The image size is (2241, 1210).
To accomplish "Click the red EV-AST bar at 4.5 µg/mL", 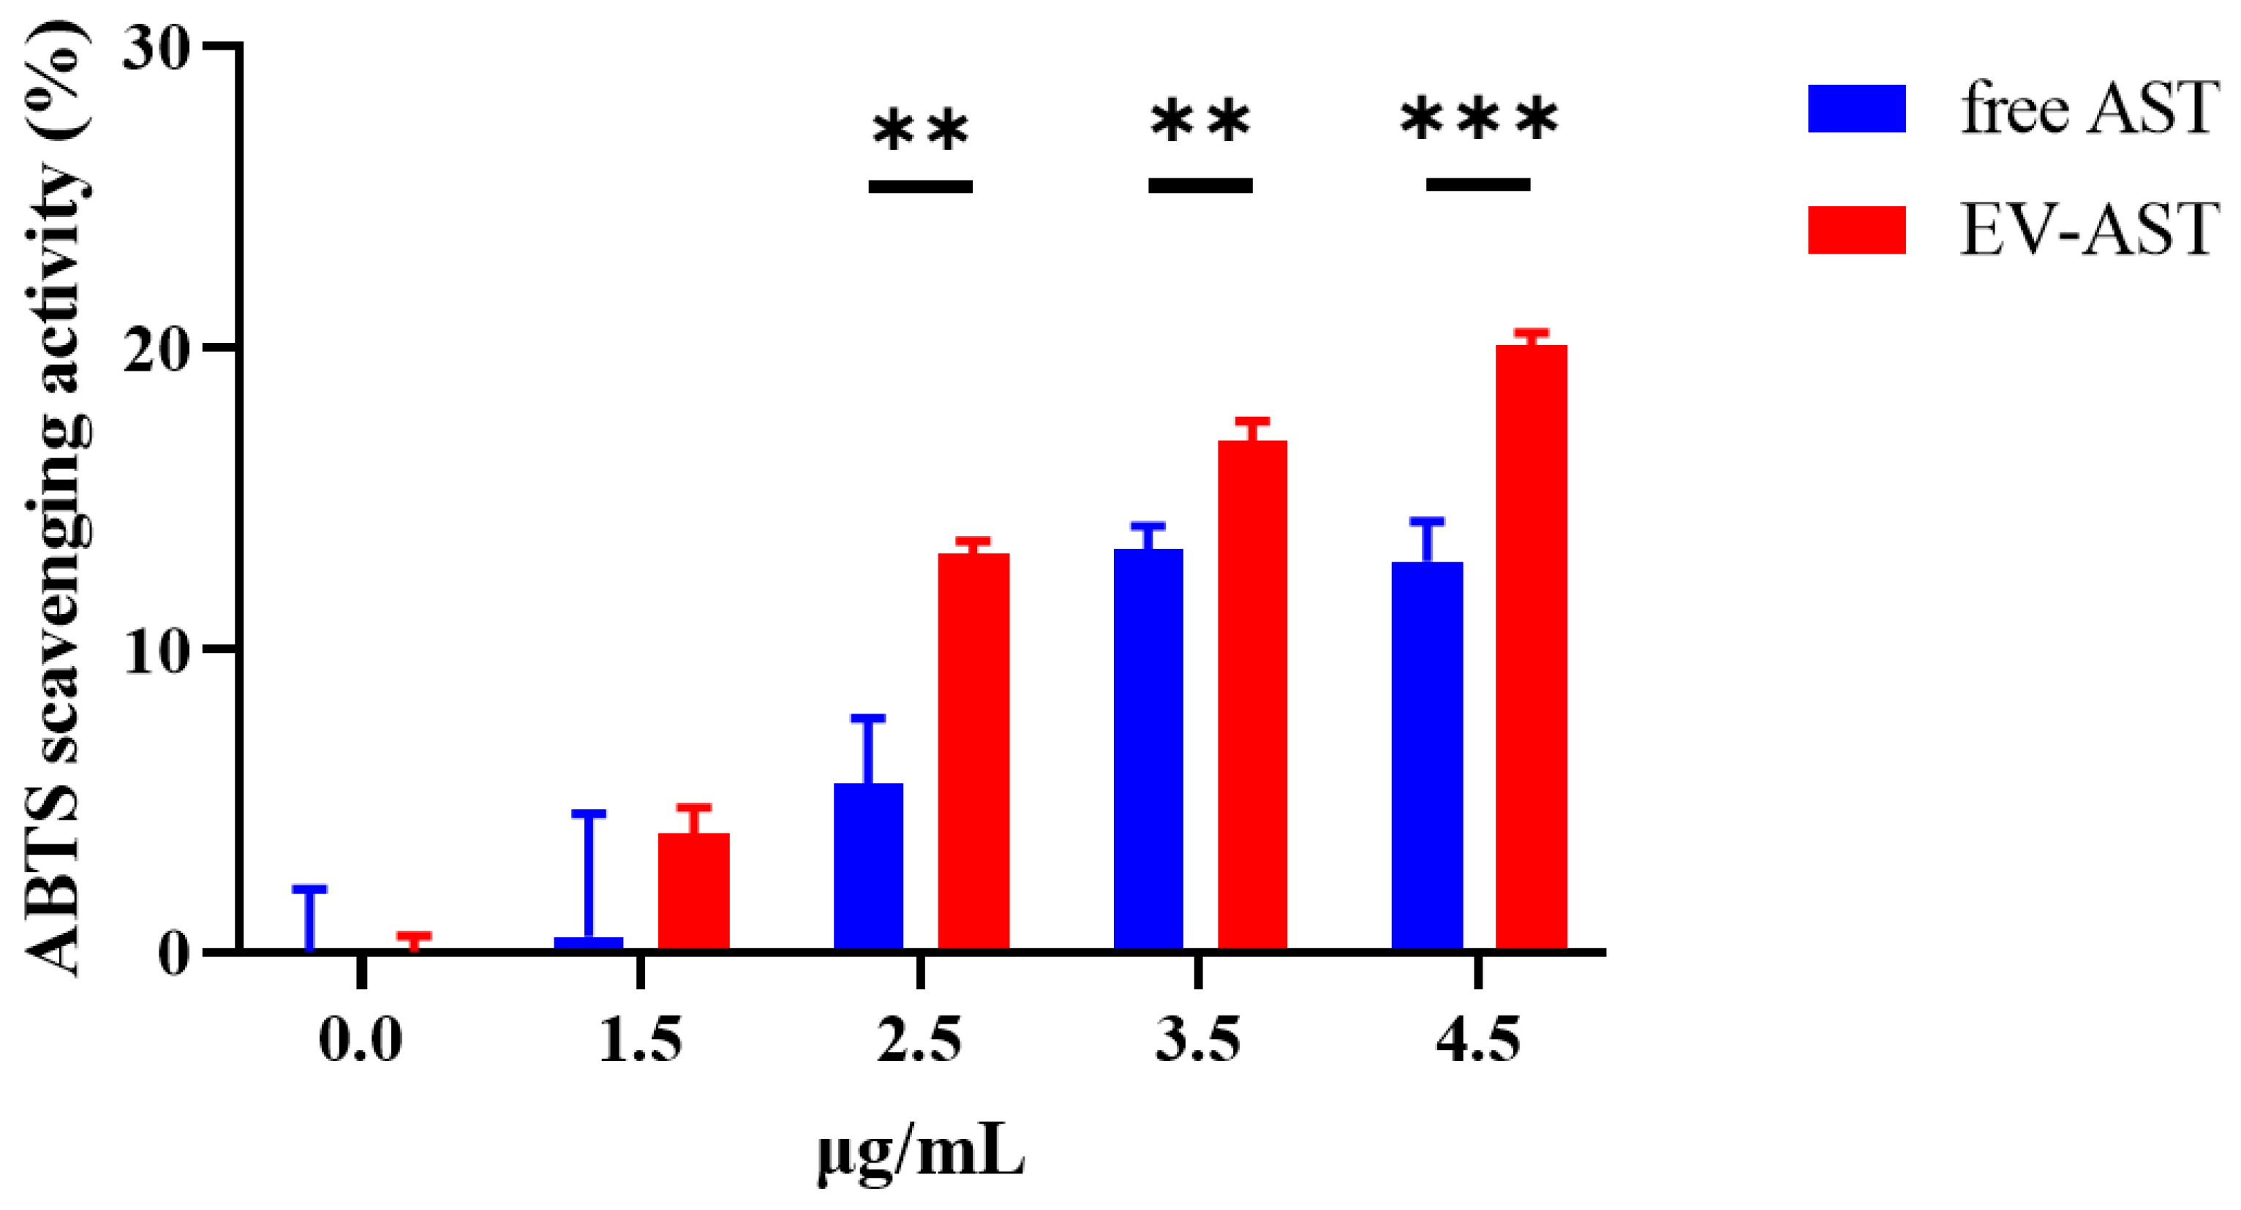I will [1531, 648].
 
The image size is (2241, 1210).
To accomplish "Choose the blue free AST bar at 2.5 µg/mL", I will [868, 866].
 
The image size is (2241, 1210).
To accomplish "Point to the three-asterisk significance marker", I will [1479, 120].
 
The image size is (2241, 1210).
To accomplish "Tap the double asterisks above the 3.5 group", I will [1200, 122].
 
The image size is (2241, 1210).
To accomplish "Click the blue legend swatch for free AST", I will [1856, 109].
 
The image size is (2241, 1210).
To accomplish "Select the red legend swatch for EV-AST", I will [1856, 230].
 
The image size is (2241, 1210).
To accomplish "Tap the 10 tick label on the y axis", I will [157, 651].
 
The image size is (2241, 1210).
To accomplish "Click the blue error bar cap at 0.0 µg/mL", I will [309, 889].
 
